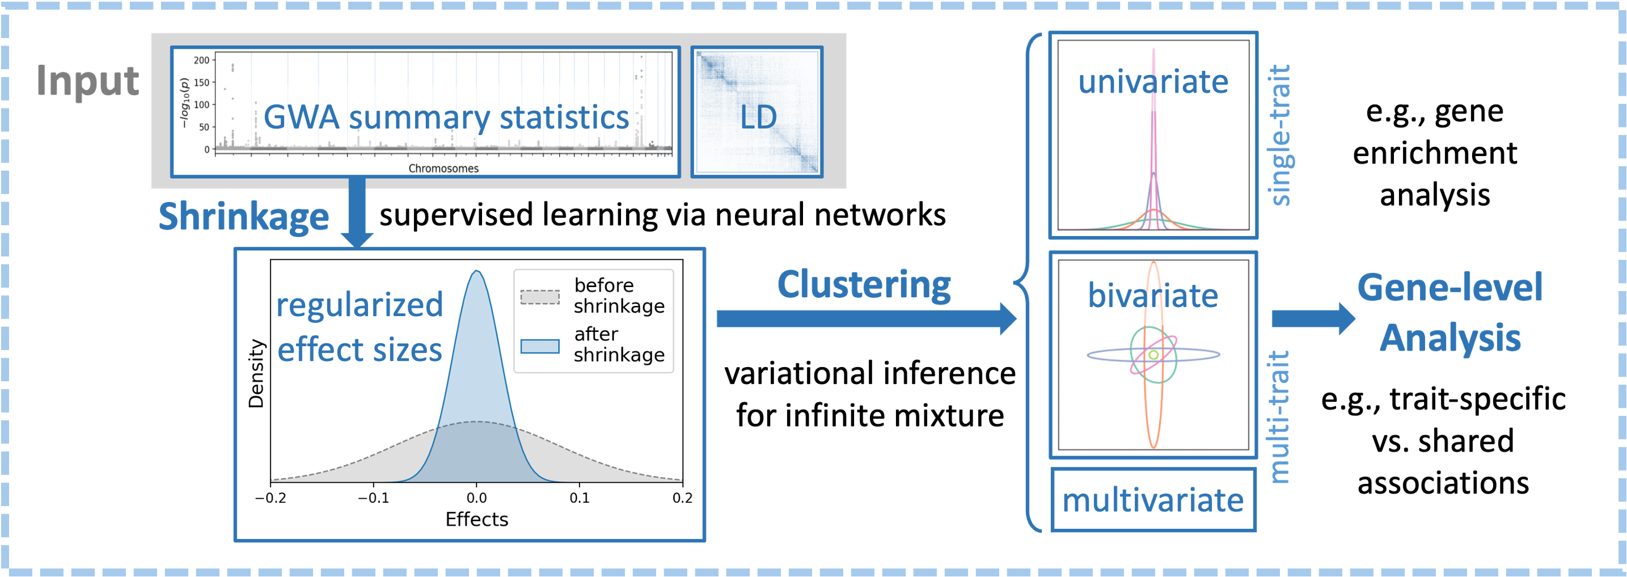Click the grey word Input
coord(87,81)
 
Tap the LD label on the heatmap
coord(758,117)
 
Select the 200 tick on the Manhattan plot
coord(201,61)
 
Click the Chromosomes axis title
coord(443,169)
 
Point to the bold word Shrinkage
coord(243,217)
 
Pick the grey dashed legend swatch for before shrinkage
coord(539,297)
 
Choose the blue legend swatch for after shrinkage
coord(539,346)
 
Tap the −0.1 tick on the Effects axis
coord(373,498)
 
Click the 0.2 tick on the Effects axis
coord(682,498)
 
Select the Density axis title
coord(256,374)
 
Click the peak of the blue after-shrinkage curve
coord(476,272)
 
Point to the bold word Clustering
coord(863,285)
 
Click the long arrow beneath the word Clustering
coord(865,318)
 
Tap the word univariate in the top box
coord(1153,82)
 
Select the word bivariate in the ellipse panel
coord(1153,296)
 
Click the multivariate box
coord(1153,500)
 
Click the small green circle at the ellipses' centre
coord(1153,355)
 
